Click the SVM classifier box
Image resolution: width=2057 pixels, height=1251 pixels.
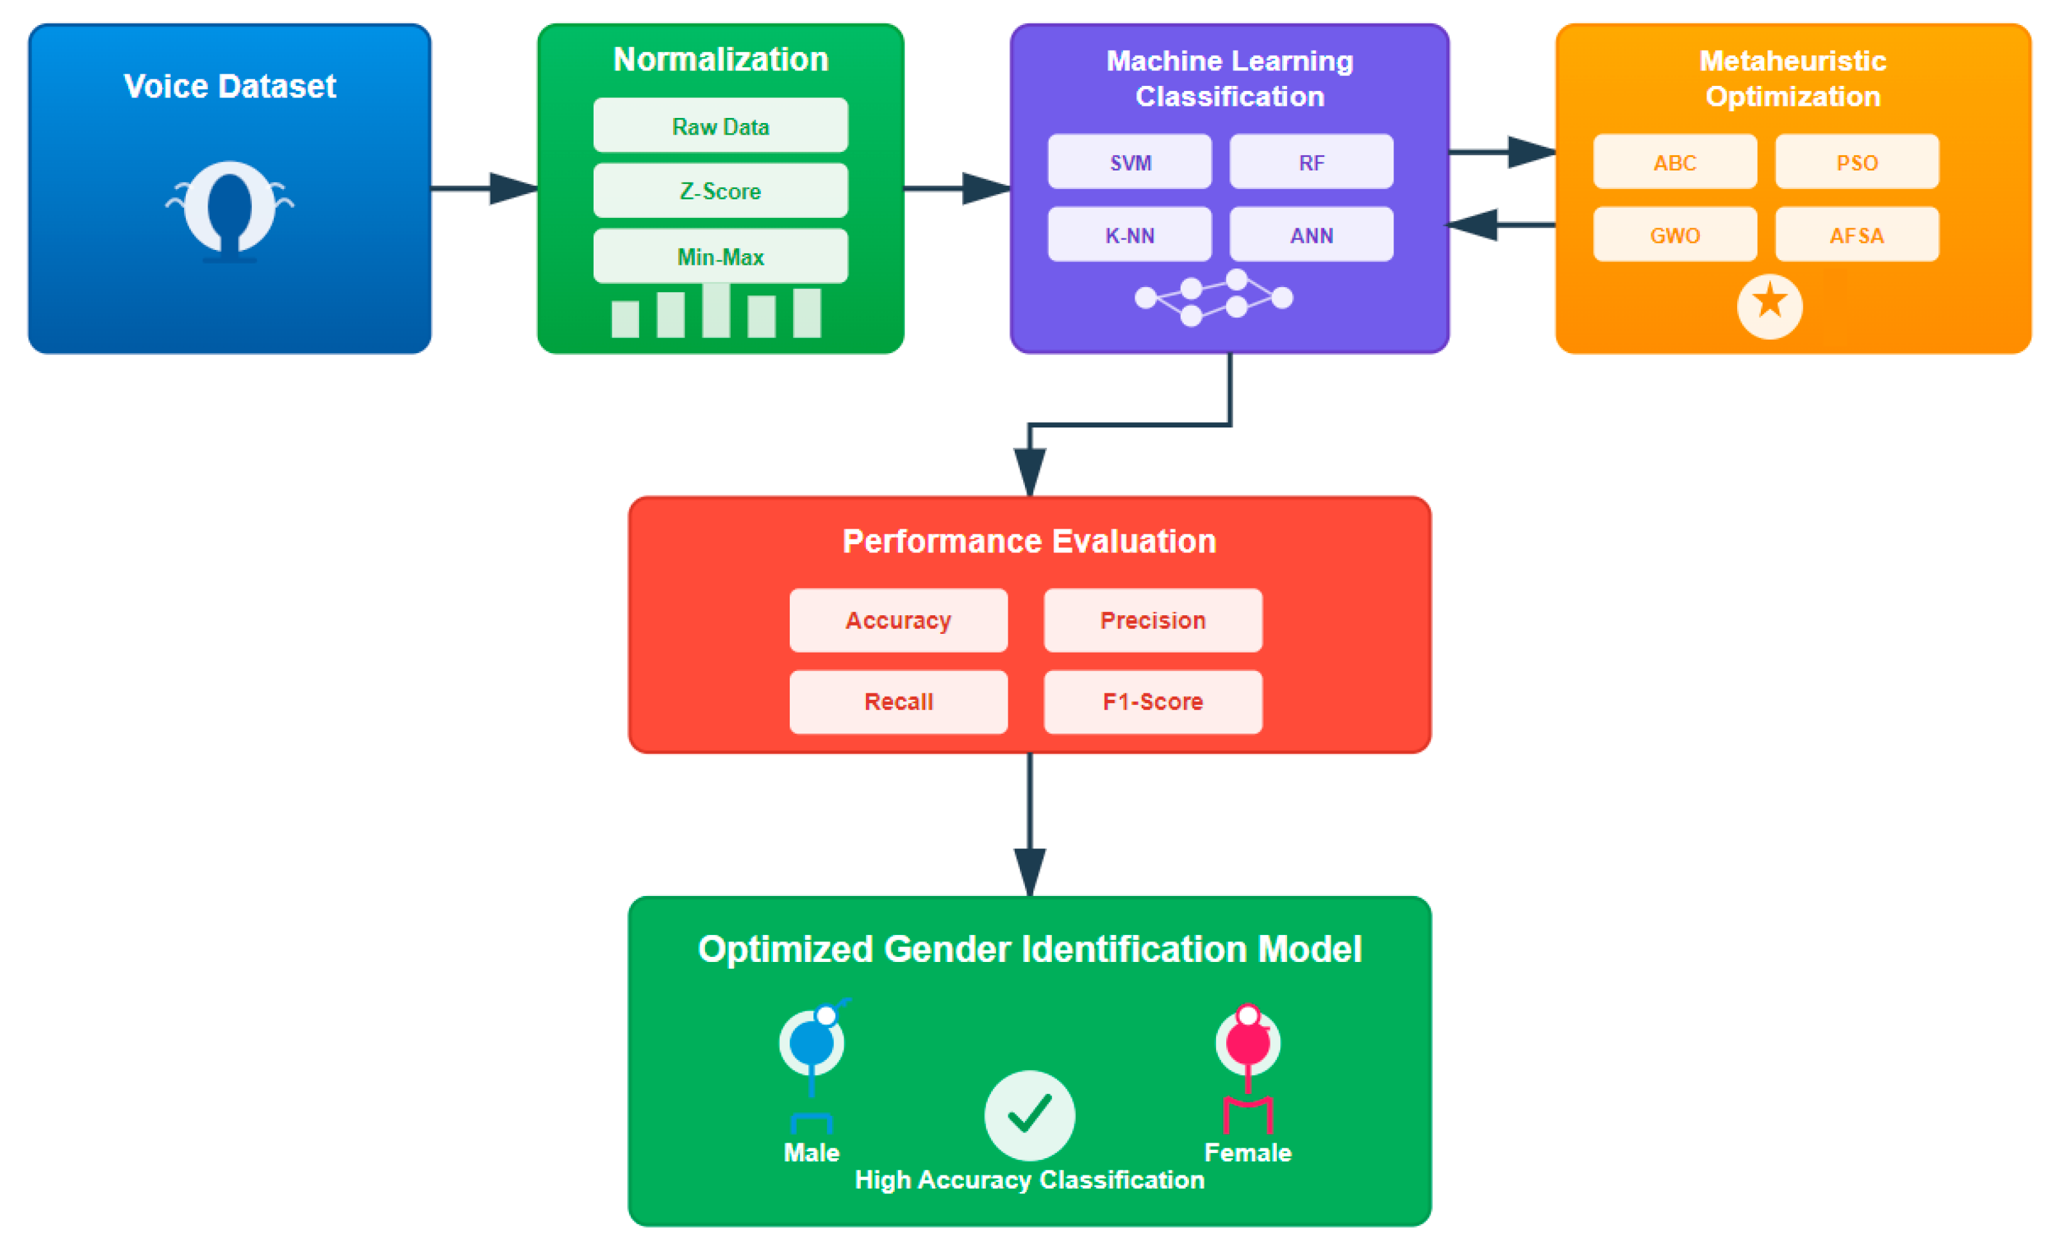[x=1129, y=162]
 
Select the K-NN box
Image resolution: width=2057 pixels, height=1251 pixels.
[x=1129, y=235]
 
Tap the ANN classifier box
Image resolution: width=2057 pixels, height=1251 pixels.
[x=1311, y=235]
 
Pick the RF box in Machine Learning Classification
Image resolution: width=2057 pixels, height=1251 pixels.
[x=1311, y=162]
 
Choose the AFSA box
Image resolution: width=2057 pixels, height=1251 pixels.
[x=1856, y=235]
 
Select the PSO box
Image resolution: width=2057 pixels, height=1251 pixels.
[x=1856, y=162]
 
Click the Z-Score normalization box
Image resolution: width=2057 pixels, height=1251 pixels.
[x=720, y=190]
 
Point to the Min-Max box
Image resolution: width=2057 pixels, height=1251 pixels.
[x=720, y=256]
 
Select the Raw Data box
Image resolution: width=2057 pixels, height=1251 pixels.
[x=720, y=126]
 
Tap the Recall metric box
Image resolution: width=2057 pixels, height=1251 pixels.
[x=898, y=701]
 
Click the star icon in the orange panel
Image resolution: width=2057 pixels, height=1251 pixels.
[x=1769, y=306]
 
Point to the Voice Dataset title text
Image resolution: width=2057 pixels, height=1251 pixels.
[x=229, y=86]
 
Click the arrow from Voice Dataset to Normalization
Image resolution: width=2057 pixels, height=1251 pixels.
[x=484, y=188]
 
